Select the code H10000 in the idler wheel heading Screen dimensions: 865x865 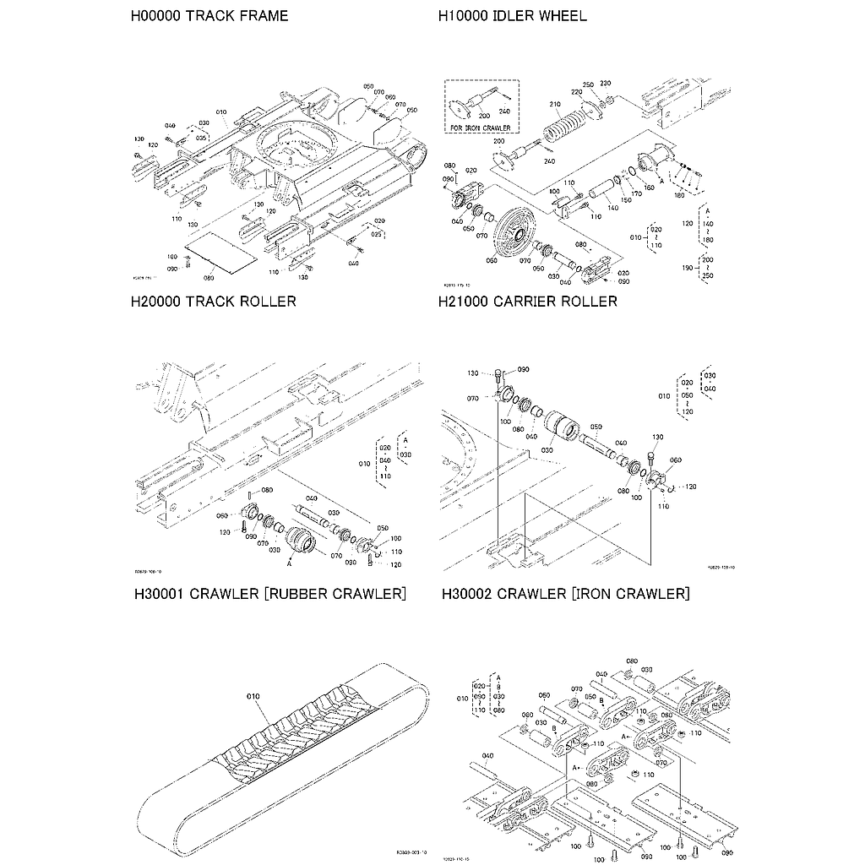pyautogui.click(x=465, y=16)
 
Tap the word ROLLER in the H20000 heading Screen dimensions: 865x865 pyautogui.click(x=265, y=302)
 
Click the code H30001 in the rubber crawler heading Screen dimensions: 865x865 pyautogui.click(x=160, y=594)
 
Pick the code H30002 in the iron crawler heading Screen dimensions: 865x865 pyautogui.click(x=468, y=594)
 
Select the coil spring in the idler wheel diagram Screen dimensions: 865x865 pyautogui.click(x=566, y=126)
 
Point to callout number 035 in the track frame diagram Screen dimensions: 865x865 pyautogui.click(x=201, y=137)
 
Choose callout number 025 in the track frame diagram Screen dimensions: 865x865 pyautogui.click(x=378, y=233)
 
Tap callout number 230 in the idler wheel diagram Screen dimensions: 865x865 pyautogui.click(x=605, y=84)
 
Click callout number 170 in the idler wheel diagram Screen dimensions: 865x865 pyautogui.click(x=637, y=193)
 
